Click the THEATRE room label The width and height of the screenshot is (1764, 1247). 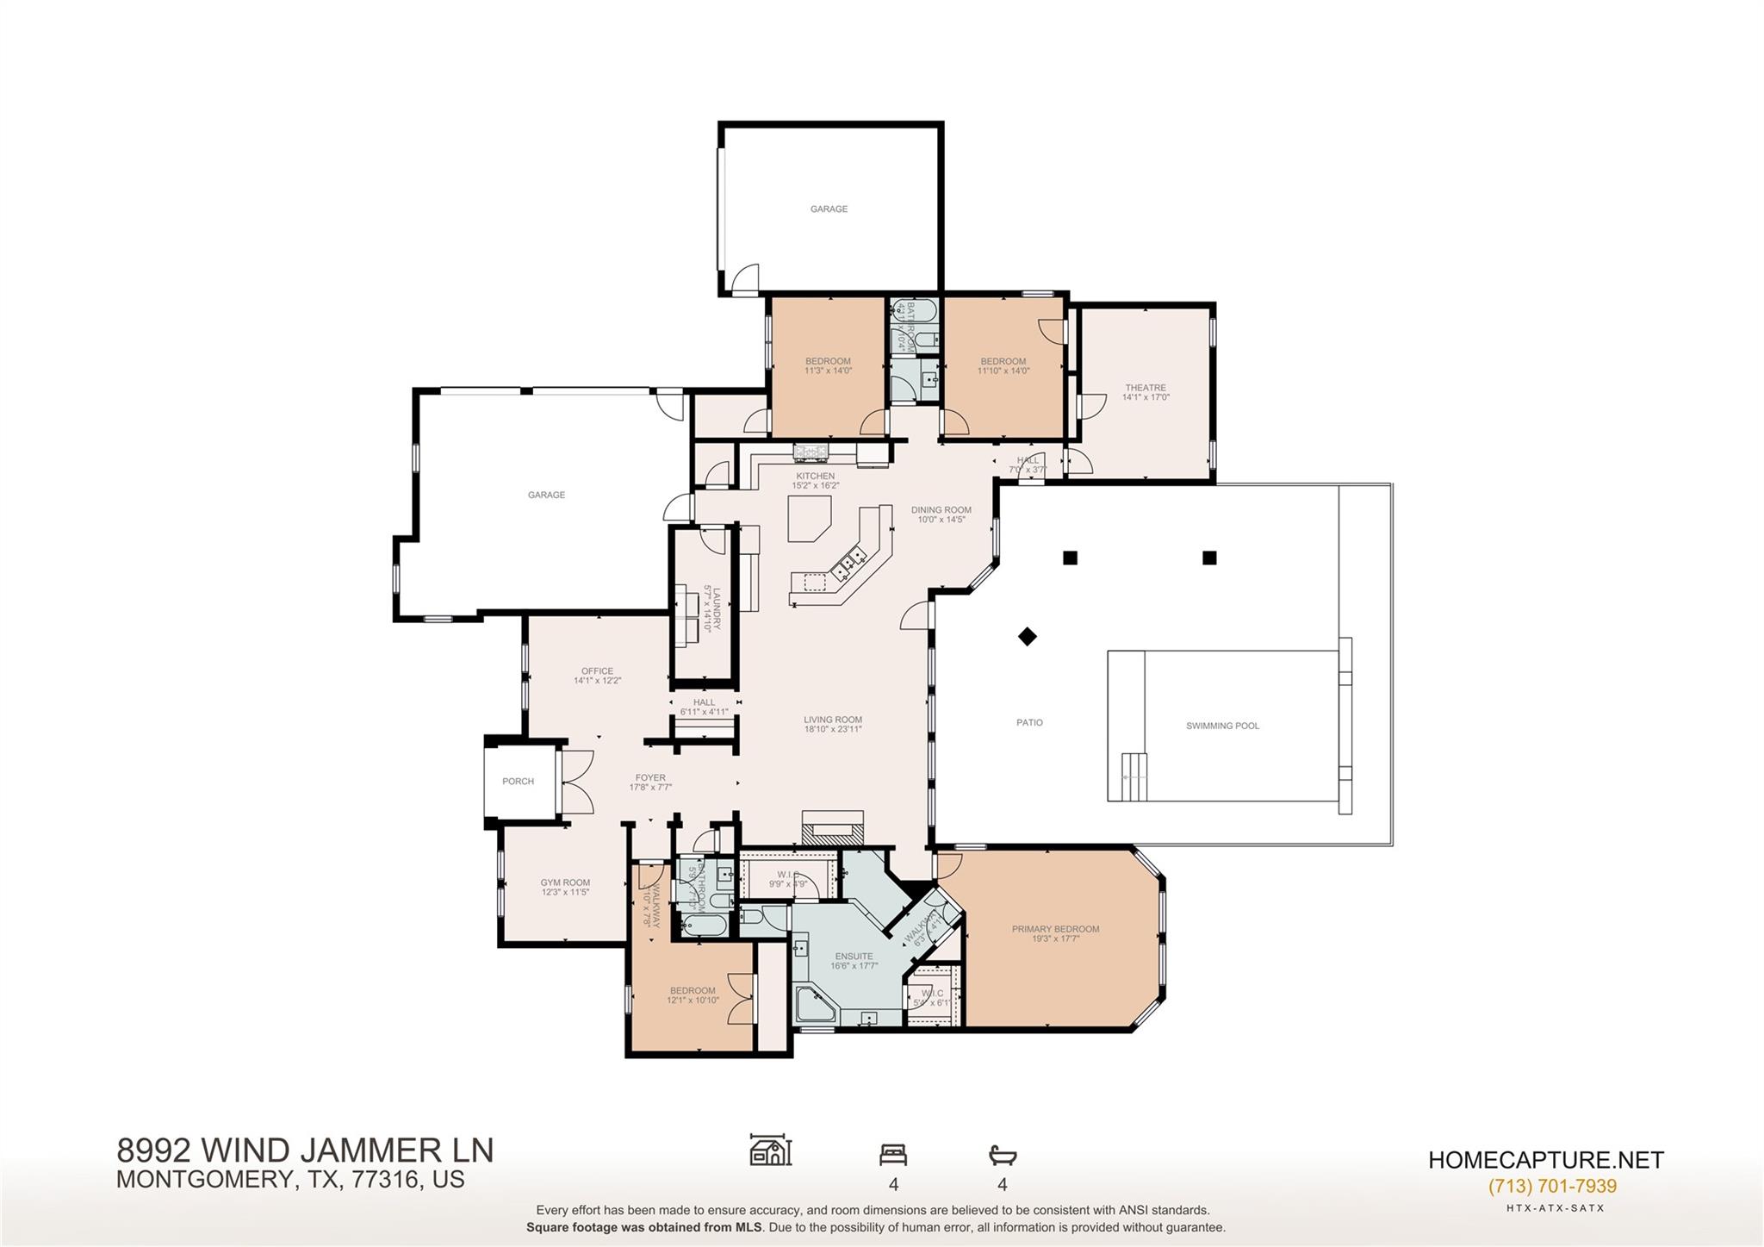point(1145,388)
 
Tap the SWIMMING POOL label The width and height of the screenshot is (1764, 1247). point(1222,726)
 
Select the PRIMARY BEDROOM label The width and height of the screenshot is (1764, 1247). point(1055,929)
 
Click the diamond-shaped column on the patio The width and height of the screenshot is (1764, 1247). point(1027,637)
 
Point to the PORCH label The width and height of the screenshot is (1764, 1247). point(518,782)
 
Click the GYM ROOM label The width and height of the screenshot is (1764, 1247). point(565,882)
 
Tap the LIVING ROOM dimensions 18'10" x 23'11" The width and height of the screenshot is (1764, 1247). point(833,729)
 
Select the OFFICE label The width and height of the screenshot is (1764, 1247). point(597,671)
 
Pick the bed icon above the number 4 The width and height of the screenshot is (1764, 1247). point(893,1154)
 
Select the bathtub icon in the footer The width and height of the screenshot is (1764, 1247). point(1003,1155)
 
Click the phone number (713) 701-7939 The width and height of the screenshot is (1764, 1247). point(1552,1186)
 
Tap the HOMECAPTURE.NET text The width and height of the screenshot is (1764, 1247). point(1545,1160)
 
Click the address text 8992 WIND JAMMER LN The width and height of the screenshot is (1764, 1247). point(305,1150)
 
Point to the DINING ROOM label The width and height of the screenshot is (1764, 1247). point(941,510)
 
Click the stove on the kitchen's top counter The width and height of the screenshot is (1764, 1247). point(811,451)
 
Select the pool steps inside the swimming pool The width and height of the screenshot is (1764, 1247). point(1134,766)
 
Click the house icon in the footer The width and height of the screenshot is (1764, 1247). point(770,1150)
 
